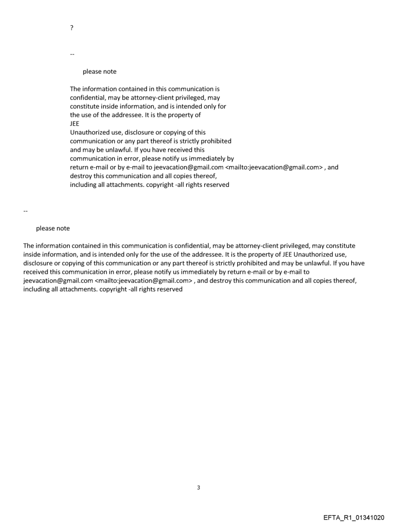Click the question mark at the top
[x=72, y=28]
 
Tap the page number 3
[x=198, y=487]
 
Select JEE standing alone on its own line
[x=74, y=124]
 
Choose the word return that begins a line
[x=79, y=167]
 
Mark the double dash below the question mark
[x=72, y=54]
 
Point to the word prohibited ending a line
[x=216, y=141]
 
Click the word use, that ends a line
[x=350, y=254]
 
